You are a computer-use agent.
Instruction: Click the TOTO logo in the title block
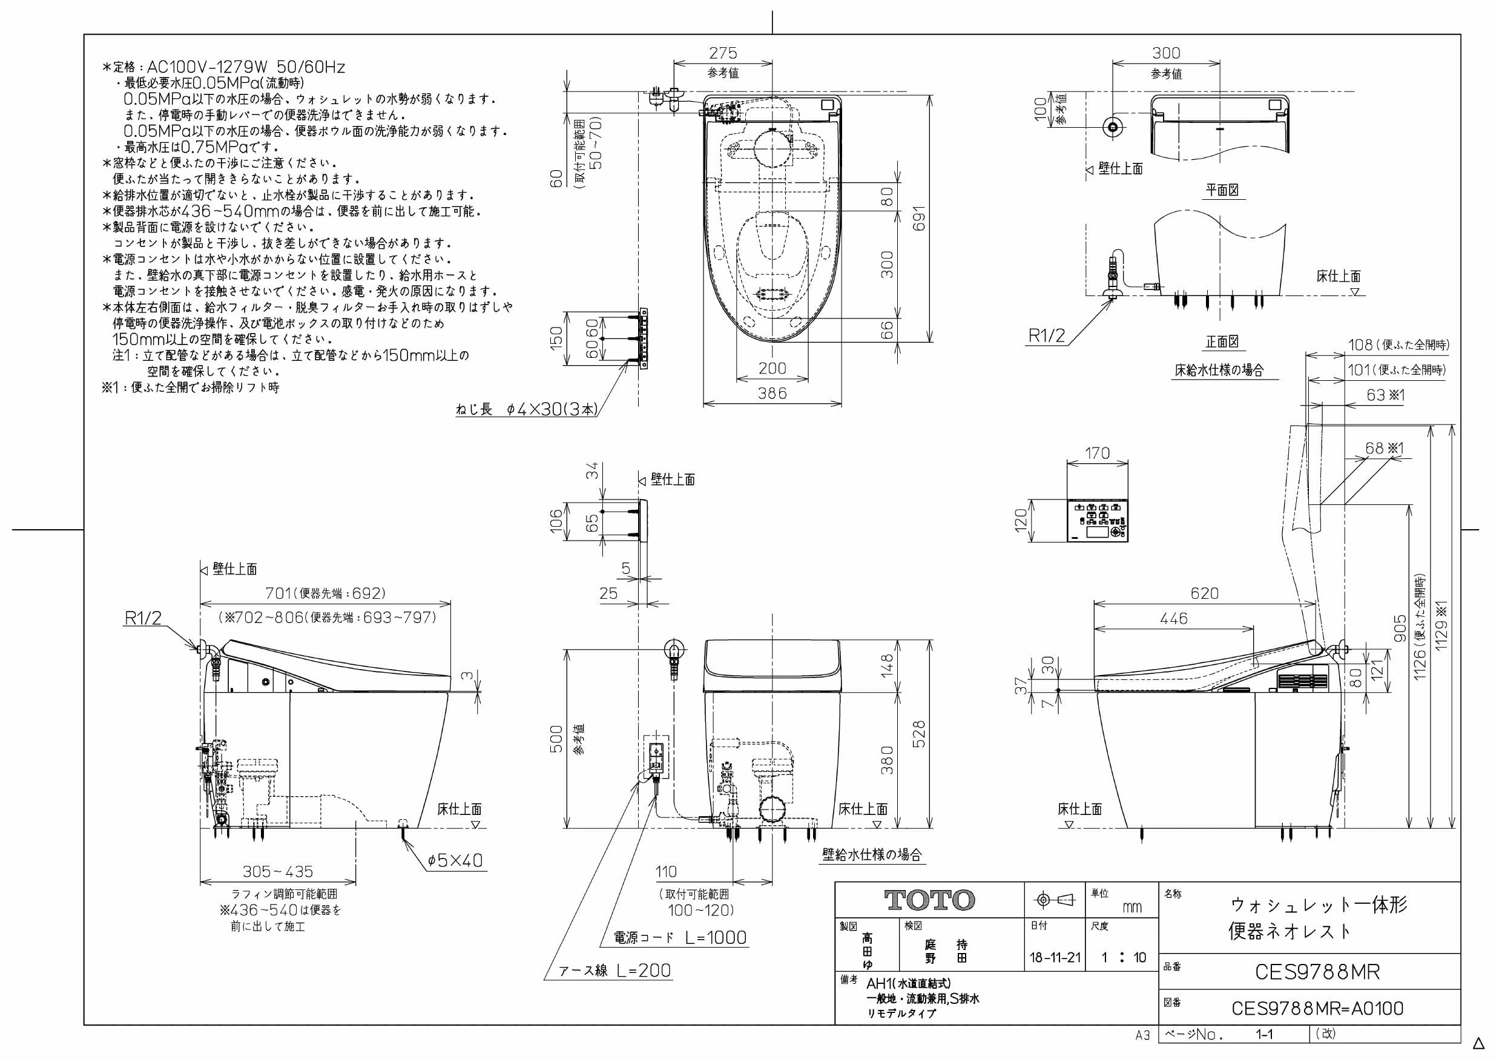click(x=929, y=900)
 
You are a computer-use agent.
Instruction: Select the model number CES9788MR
click(x=1317, y=972)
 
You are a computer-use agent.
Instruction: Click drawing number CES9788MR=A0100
click(x=1317, y=1008)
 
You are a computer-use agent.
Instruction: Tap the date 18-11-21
click(x=1055, y=958)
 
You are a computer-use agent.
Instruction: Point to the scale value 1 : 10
click(x=1123, y=958)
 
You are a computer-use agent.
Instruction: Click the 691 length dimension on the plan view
click(x=919, y=219)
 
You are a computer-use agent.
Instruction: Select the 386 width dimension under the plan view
click(x=772, y=394)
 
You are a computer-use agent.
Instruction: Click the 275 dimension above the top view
click(x=723, y=53)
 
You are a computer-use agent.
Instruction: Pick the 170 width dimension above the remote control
click(x=1097, y=453)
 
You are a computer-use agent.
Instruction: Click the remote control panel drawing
click(x=1098, y=521)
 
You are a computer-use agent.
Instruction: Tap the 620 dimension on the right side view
click(x=1204, y=593)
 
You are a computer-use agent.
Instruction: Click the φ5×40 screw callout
click(x=455, y=860)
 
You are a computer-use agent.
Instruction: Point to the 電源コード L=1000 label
click(x=680, y=938)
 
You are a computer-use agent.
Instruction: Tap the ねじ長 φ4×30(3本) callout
click(x=527, y=411)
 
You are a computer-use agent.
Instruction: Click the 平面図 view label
click(x=1222, y=190)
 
